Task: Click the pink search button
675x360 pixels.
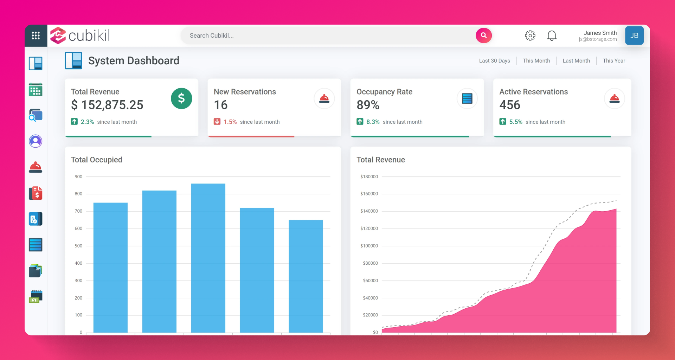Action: (x=483, y=36)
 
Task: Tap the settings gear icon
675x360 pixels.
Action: (x=530, y=36)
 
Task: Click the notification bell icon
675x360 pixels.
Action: (x=552, y=36)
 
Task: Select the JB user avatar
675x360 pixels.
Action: (x=634, y=36)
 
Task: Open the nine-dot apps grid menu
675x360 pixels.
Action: (x=36, y=36)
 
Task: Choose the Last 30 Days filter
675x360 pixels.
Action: (x=494, y=60)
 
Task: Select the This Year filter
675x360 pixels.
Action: (x=613, y=60)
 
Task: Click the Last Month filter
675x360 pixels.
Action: (x=576, y=60)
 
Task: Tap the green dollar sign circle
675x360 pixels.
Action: (x=181, y=98)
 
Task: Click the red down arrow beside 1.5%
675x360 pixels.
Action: (x=217, y=122)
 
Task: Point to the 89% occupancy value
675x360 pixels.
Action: (x=368, y=105)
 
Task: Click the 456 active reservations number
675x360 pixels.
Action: (x=509, y=105)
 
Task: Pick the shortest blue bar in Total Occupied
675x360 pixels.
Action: (x=306, y=276)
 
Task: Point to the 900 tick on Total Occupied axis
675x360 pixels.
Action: (x=78, y=176)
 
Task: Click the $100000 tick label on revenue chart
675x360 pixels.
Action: (x=369, y=246)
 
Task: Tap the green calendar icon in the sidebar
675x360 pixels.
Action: (x=36, y=90)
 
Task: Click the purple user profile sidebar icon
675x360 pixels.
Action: (x=36, y=141)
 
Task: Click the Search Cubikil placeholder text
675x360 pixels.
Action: (x=212, y=36)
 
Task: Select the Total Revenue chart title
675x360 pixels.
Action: (x=380, y=160)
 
